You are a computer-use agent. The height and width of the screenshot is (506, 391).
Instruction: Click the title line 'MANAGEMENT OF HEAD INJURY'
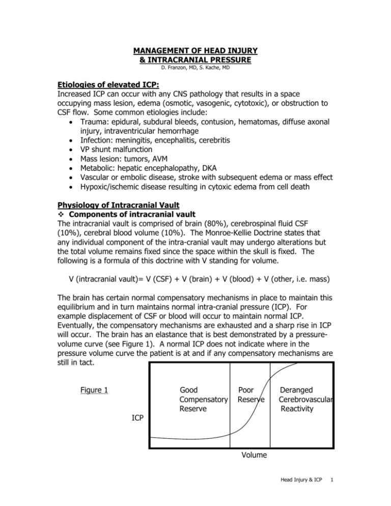(195, 51)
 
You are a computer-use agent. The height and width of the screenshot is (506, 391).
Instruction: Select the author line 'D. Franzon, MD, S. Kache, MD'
(195, 69)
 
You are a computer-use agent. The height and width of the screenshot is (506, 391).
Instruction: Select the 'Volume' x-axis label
(253, 455)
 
